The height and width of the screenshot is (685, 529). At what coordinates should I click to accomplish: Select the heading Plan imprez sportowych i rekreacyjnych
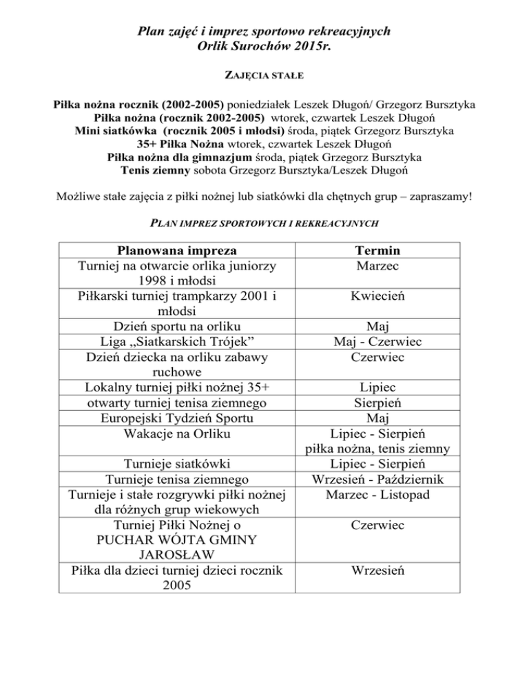click(264, 223)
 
